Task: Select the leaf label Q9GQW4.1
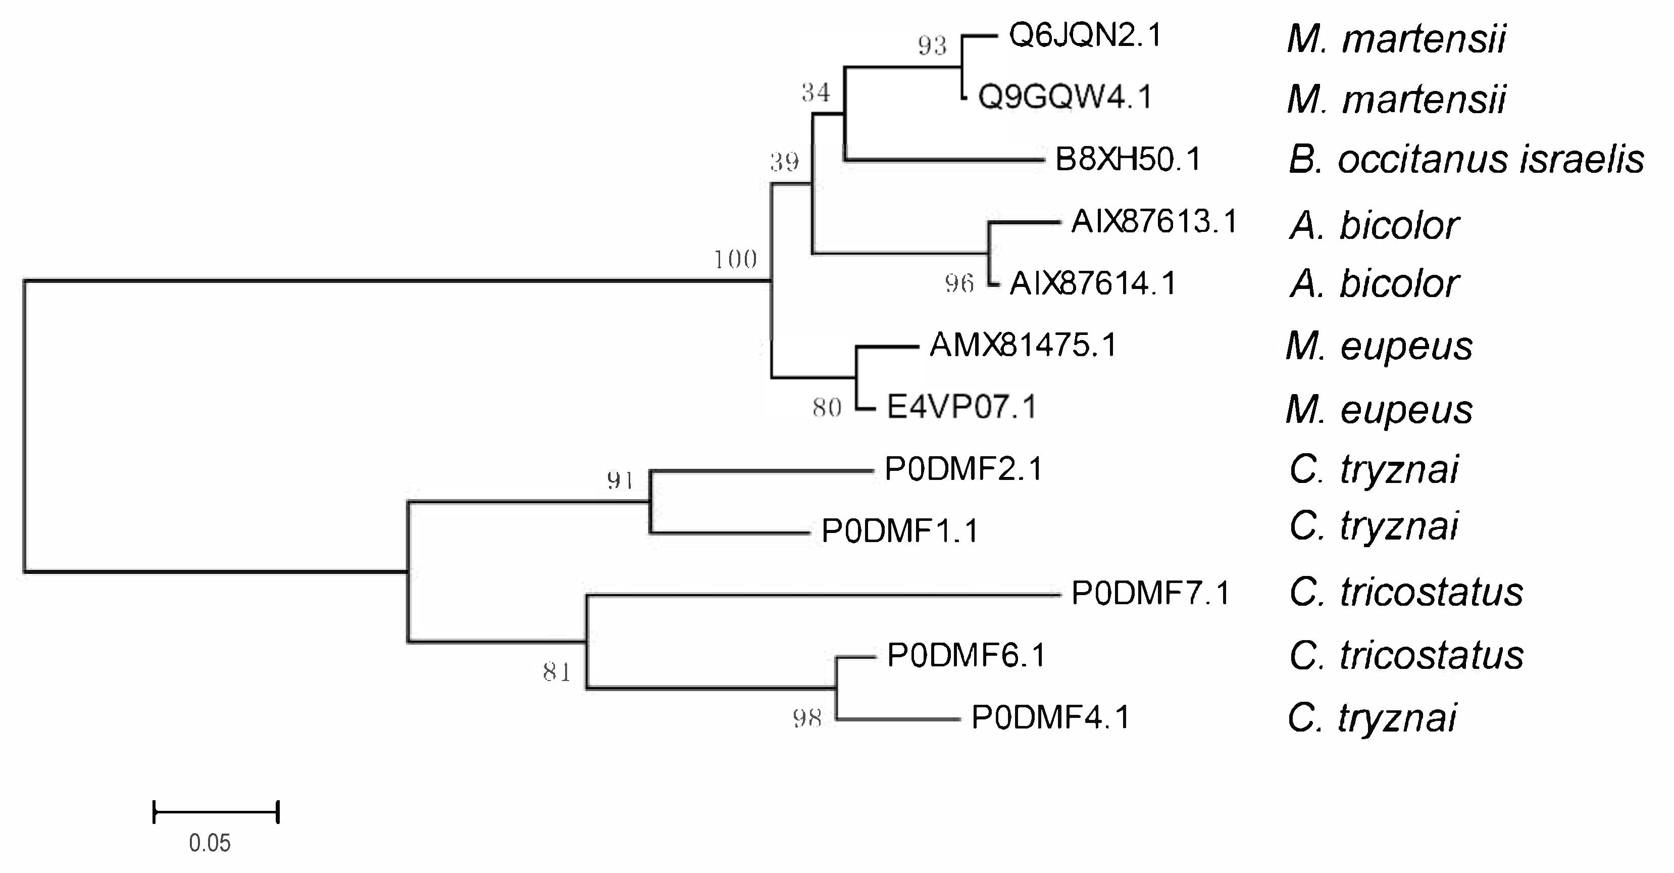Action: [x=1065, y=98]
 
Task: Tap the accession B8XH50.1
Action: [x=1128, y=159]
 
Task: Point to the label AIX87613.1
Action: [x=1154, y=222]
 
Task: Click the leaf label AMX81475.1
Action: [x=1023, y=345]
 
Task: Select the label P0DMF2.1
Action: [x=963, y=469]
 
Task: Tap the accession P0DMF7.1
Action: [x=1150, y=593]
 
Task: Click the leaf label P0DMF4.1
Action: [x=1051, y=717]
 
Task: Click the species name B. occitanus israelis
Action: [x=1466, y=160]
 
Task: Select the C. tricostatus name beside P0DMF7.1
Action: [x=1406, y=593]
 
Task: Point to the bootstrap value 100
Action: [x=736, y=260]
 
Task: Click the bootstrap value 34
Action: [x=816, y=93]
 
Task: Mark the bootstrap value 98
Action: [x=807, y=718]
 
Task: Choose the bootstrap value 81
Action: [x=557, y=672]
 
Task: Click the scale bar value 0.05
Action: [x=209, y=843]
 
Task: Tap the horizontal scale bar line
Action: [x=216, y=812]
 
